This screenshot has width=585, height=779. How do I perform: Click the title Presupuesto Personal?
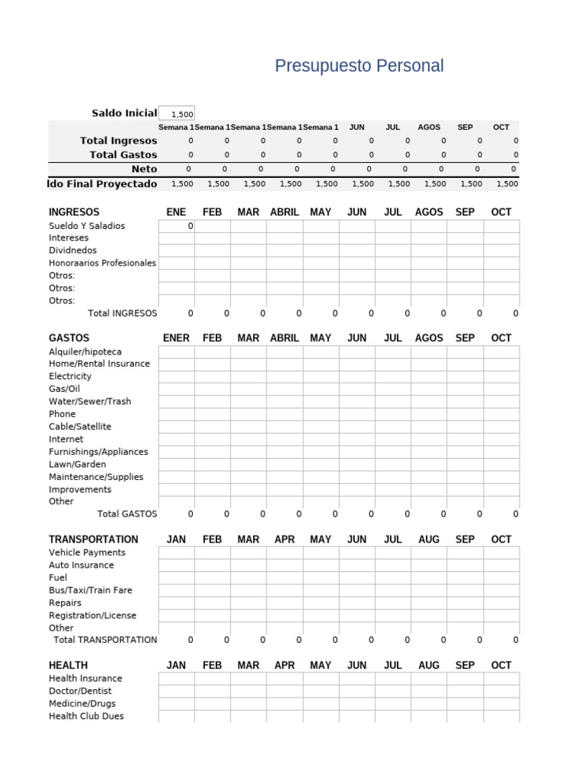pos(359,66)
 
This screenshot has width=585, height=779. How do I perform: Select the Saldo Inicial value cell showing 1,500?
pos(177,113)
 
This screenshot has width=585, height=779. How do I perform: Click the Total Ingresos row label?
pos(118,141)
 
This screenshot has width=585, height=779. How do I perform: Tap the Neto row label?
pos(144,169)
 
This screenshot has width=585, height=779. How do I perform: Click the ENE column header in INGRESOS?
pos(176,212)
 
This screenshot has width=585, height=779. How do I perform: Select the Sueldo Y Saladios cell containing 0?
pos(177,226)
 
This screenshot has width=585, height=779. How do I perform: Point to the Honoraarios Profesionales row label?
pos(102,263)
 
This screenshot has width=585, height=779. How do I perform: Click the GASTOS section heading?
pos(69,338)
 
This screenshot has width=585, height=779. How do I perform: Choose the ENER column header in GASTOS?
pos(176,338)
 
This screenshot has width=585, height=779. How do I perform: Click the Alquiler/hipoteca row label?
pos(85,351)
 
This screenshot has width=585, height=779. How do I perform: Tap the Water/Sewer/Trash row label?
pos(90,401)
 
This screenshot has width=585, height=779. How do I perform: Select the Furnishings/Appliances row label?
pos(98,452)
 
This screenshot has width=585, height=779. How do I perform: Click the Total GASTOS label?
pos(127,514)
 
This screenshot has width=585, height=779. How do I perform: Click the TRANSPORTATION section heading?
pos(94,539)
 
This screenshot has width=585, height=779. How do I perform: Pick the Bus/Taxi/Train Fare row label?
pos(90,590)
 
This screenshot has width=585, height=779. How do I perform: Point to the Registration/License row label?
pos(93,615)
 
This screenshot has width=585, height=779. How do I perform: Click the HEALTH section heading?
pos(68,665)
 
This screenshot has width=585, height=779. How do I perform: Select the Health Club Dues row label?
pos(86,717)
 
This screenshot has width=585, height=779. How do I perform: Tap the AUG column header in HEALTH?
pos(429,665)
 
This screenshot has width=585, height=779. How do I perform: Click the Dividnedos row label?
pos(73,250)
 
